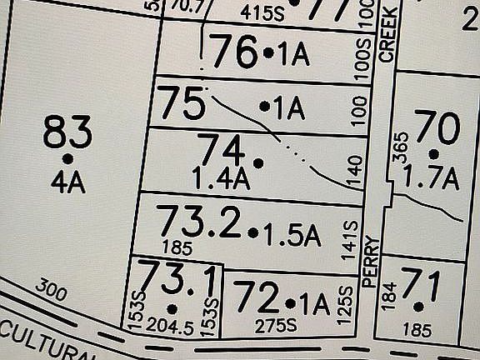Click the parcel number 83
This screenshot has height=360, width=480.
pos(67,132)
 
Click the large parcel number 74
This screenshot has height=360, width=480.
pos(222,152)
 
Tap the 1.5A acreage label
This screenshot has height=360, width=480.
pos(292,234)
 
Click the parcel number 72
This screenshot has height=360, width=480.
pos(255,296)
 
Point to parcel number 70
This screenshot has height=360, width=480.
pos(437,129)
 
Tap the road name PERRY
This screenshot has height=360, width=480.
pos(371,261)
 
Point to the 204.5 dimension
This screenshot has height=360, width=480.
pos(171,324)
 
